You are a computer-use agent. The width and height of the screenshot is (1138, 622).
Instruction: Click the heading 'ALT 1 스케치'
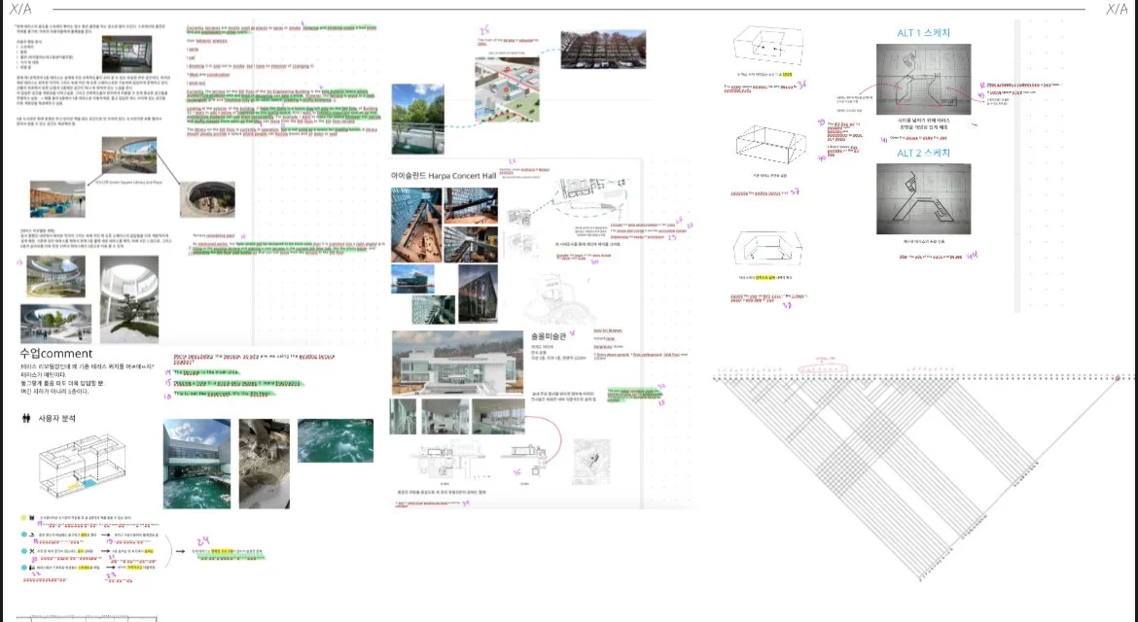point(923,33)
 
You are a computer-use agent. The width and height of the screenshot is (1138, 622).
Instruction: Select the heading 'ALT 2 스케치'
point(923,154)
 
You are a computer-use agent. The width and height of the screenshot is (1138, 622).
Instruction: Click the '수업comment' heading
point(55,354)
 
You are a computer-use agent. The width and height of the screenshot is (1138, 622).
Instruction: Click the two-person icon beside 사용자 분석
point(25,419)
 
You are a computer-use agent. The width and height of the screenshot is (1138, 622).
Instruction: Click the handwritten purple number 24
point(203,540)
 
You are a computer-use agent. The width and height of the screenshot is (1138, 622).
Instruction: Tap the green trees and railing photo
point(416,117)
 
